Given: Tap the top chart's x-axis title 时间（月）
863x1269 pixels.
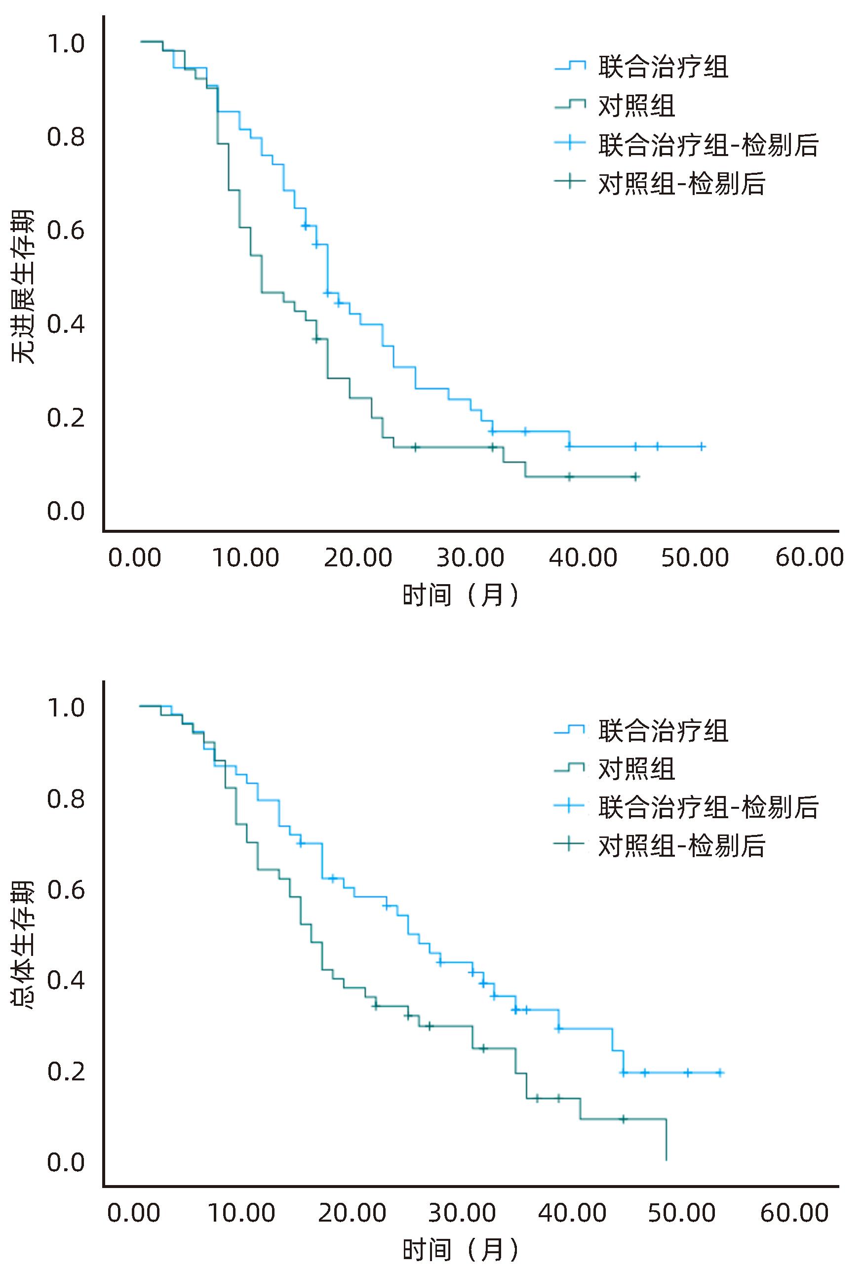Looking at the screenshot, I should click(460, 595).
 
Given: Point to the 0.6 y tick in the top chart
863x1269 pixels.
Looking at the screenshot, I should click(66, 231).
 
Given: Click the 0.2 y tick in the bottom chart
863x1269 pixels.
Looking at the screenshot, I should click(66, 1071).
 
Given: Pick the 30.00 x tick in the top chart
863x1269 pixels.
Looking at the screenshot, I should click(470, 558).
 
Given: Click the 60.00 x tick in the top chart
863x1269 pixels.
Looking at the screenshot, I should click(810, 558).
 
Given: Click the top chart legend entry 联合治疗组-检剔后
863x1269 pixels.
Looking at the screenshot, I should click(708, 145).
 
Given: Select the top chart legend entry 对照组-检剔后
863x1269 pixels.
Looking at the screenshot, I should click(681, 184).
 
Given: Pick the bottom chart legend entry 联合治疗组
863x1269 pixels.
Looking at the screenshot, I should click(663, 731).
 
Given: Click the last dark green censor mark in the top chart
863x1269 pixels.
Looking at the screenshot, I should click(635, 476).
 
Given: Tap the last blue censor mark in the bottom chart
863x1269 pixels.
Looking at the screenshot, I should click(720, 1072).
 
